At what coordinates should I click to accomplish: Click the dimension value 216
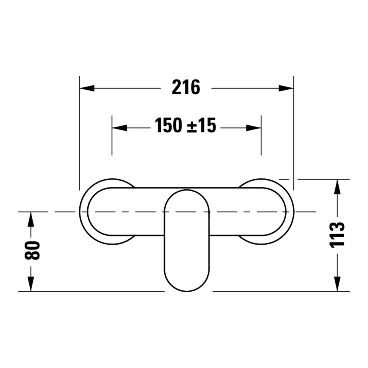186,87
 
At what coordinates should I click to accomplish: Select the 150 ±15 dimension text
185,125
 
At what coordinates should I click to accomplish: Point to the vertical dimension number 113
337,235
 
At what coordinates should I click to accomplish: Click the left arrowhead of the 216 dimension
87,88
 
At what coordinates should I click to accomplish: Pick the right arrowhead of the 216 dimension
286,88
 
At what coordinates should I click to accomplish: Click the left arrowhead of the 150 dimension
119,128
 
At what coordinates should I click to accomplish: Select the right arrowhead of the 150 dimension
254,128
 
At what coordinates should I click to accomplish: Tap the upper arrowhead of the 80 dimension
31,219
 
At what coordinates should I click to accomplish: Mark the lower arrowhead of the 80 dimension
31,284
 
